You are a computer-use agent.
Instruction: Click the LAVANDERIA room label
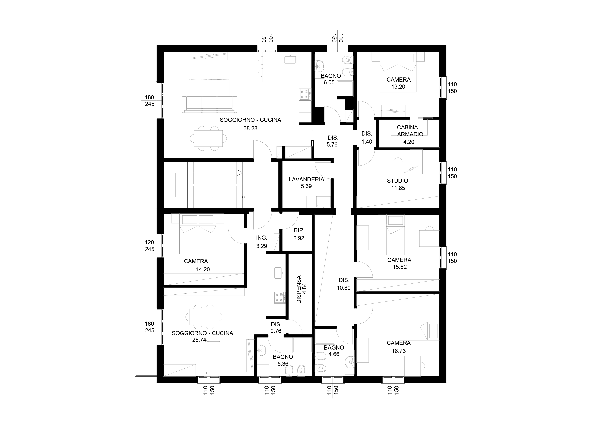coord(306,180)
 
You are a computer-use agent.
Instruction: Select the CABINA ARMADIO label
coord(410,131)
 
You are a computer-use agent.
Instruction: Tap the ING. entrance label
coord(262,238)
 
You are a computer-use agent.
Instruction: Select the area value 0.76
coord(276,331)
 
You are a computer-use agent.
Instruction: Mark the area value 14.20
coord(203,269)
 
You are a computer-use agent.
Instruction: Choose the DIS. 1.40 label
coord(367,138)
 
